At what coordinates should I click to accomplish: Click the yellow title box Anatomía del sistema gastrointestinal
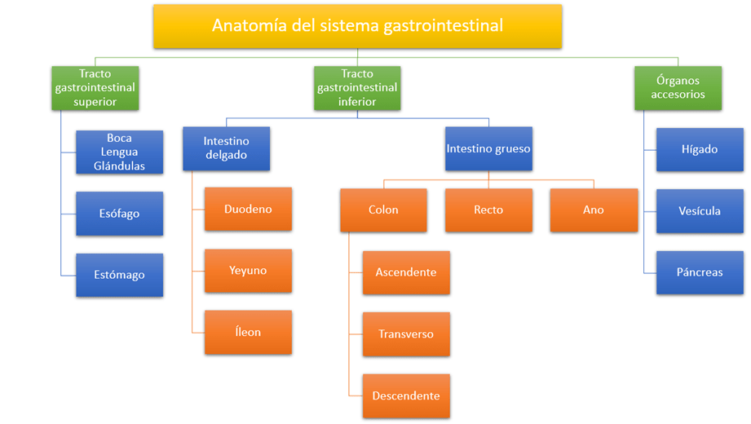[357, 25]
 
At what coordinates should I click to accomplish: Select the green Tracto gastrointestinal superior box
[95, 88]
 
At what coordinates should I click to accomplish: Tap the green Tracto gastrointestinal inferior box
[357, 88]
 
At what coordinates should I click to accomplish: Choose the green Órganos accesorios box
[678, 88]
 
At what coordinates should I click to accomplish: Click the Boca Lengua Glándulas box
[120, 152]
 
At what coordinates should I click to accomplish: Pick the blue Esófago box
[120, 214]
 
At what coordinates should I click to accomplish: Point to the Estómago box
[120, 275]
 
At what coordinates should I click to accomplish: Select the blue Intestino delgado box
[226, 148]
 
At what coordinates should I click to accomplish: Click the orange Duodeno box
[248, 210]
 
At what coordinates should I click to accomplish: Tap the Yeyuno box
[248, 271]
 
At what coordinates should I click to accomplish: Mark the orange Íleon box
[248, 332]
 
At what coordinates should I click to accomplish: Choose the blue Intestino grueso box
[488, 148]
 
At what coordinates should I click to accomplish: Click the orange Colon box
[383, 210]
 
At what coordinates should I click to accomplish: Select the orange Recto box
[488, 210]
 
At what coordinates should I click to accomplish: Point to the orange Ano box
[594, 210]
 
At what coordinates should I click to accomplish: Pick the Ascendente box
[406, 272]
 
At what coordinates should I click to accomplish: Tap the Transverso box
[406, 334]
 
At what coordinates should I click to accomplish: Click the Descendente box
[406, 396]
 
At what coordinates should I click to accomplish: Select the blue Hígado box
[700, 150]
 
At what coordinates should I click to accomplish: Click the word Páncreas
[700, 272]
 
